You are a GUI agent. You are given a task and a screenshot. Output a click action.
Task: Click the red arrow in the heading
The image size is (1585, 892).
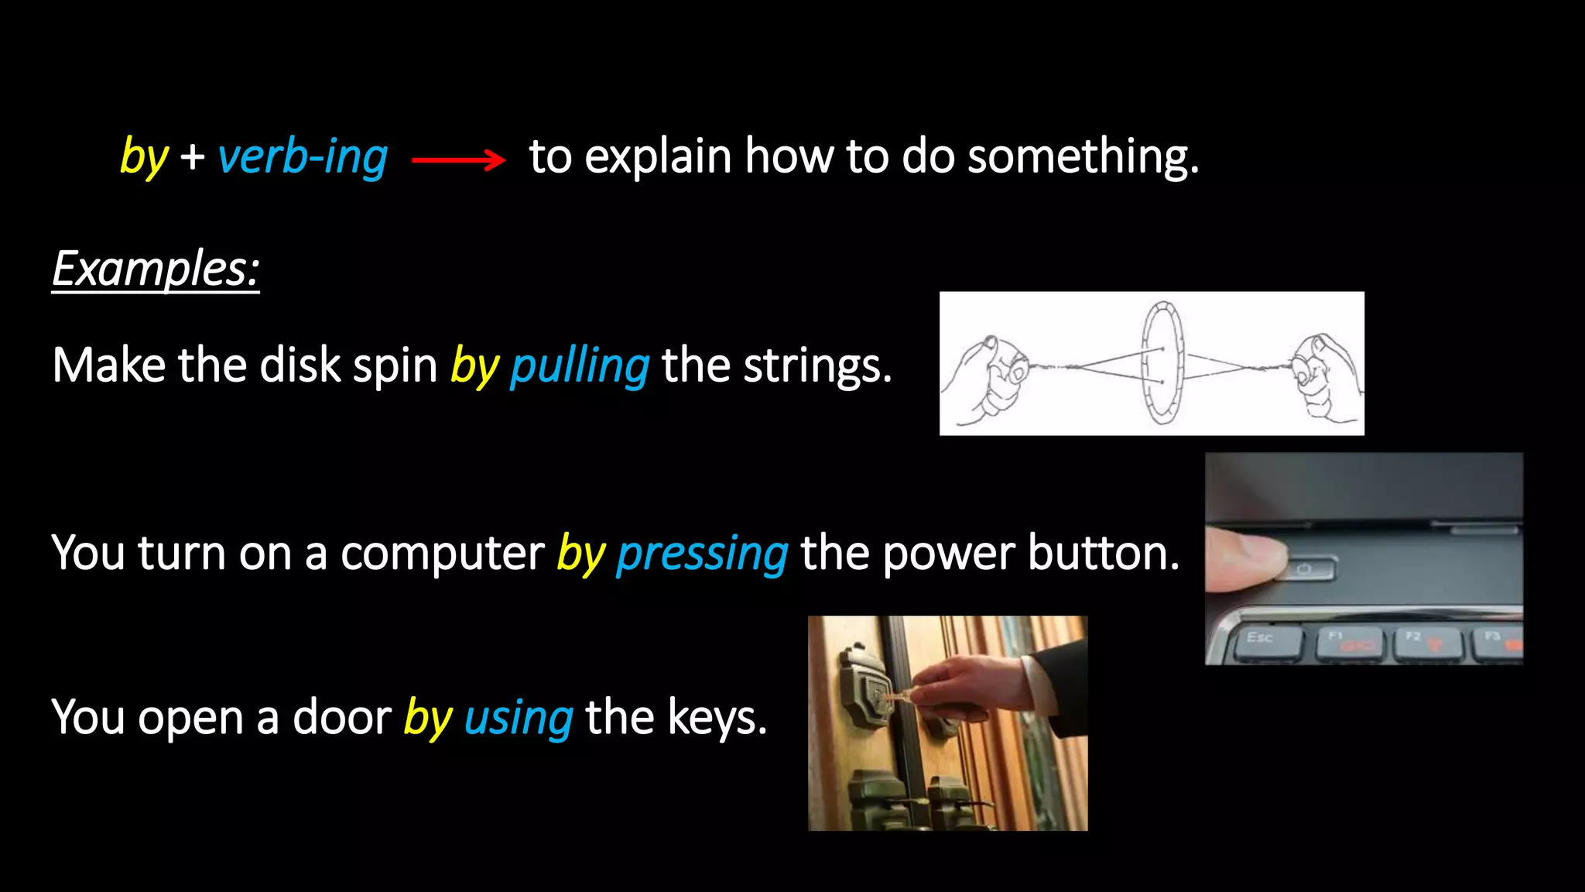click(458, 160)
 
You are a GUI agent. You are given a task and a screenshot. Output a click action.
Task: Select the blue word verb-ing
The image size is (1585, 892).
click(303, 157)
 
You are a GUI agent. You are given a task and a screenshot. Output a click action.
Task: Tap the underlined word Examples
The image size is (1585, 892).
click(155, 269)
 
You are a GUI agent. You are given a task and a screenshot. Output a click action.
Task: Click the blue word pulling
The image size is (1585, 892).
click(580, 366)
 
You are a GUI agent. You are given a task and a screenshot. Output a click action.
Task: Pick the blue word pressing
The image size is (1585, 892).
click(702, 554)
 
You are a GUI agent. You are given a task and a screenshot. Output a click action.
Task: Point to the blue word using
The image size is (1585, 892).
click(519, 718)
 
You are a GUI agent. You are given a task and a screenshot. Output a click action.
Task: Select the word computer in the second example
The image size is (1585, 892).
click(443, 554)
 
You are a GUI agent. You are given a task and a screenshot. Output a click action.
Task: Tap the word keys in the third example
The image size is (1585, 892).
click(716, 718)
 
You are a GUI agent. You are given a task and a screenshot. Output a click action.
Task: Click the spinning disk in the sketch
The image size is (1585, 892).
click(1162, 364)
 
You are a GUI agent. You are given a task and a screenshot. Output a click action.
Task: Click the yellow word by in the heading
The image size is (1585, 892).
click(144, 157)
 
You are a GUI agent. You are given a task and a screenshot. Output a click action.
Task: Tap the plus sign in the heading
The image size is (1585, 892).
click(193, 157)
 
